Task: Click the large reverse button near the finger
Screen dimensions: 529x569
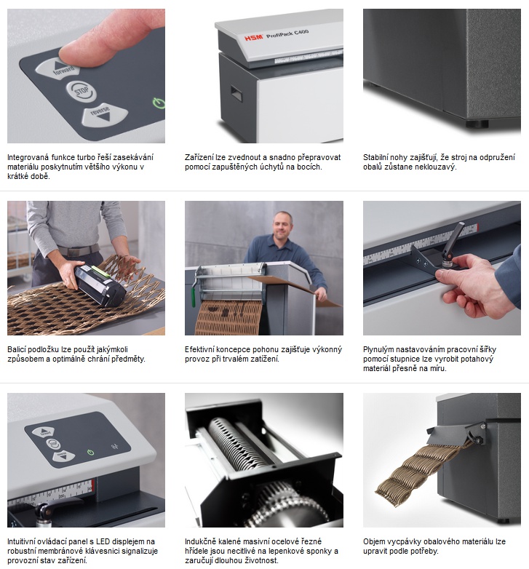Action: [105, 114]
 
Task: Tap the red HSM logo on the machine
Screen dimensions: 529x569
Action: [254, 37]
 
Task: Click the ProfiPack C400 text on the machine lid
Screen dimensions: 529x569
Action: [287, 33]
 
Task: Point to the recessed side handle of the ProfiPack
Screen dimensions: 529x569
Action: [236, 94]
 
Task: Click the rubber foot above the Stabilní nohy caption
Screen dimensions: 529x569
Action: [477, 124]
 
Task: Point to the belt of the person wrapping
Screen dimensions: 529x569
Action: [79, 250]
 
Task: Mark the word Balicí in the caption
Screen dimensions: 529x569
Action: [17, 349]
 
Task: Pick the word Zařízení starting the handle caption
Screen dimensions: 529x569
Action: [199, 157]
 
